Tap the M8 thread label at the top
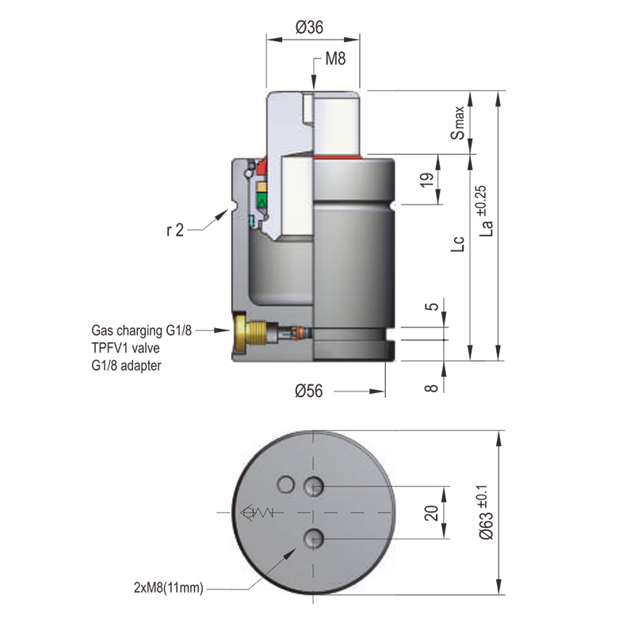(x=335, y=60)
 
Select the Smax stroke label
(x=459, y=123)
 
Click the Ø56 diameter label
(x=310, y=391)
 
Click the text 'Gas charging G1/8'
(x=142, y=330)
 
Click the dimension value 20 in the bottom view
(x=431, y=513)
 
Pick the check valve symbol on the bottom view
(x=255, y=513)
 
